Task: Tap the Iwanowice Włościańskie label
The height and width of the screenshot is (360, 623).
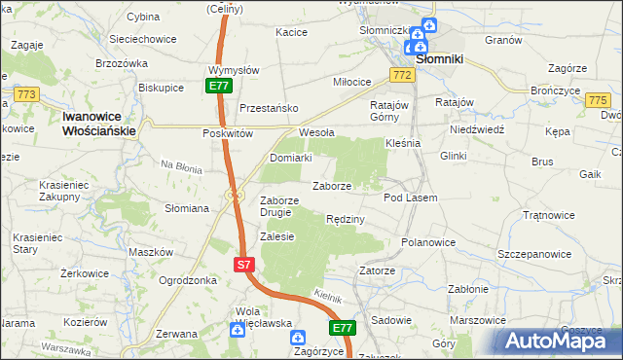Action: [x=104, y=122]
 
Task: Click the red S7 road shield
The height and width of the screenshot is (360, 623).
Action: [x=245, y=264]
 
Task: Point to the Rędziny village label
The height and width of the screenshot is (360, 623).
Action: [x=346, y=220]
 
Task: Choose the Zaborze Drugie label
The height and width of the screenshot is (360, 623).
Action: [x=284, y=207]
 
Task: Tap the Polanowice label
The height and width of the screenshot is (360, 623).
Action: [x=428, y=241]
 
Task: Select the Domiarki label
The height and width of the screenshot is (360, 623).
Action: [x=290, y=158]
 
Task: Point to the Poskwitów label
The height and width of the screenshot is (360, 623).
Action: [x=228, y=133]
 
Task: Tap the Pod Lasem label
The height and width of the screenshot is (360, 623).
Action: [x=410, y=198]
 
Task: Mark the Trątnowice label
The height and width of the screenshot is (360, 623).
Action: [x=549, y=215]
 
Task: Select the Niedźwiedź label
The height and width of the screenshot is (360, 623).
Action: [x=477, y=128]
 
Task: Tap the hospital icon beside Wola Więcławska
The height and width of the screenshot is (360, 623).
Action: [x=237, y=331]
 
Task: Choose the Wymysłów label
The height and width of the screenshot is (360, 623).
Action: [x=234, y=70]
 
